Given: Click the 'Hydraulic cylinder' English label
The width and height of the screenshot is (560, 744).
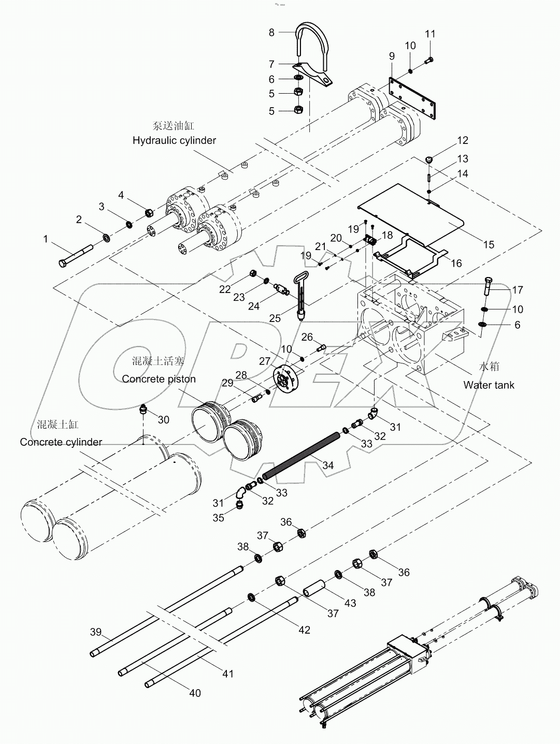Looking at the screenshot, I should click(x=174, y=140).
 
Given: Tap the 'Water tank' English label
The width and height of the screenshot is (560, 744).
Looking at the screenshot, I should click(x=489, y=385).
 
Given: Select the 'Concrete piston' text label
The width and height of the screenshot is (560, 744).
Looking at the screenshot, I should click(x=159, y=379).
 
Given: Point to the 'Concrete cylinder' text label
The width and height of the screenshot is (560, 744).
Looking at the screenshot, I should click(x=61, y=442).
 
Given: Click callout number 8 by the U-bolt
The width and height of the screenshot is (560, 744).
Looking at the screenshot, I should click(x=271, y=33).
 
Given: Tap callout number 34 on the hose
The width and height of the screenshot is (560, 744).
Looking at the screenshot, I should click(x=328, y=465).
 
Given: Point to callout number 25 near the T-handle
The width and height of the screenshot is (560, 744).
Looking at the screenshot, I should click(x=275, y=318).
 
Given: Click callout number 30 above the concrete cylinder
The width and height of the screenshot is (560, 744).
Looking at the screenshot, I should click(x=163, y=419).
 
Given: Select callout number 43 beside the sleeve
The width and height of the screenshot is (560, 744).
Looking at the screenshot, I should click(x=351, y=603).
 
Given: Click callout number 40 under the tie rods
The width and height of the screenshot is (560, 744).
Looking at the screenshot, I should click(x=195, y=693).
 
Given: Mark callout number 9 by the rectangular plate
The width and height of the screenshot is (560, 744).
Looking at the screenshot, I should click(x=392, y=56).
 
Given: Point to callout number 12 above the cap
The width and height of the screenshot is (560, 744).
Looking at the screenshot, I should click(x=462, y=140).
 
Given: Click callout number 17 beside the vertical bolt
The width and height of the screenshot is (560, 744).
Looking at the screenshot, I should click(x=518, y=290).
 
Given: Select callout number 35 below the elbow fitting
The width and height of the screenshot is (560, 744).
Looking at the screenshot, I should click(x=219, y=518).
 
